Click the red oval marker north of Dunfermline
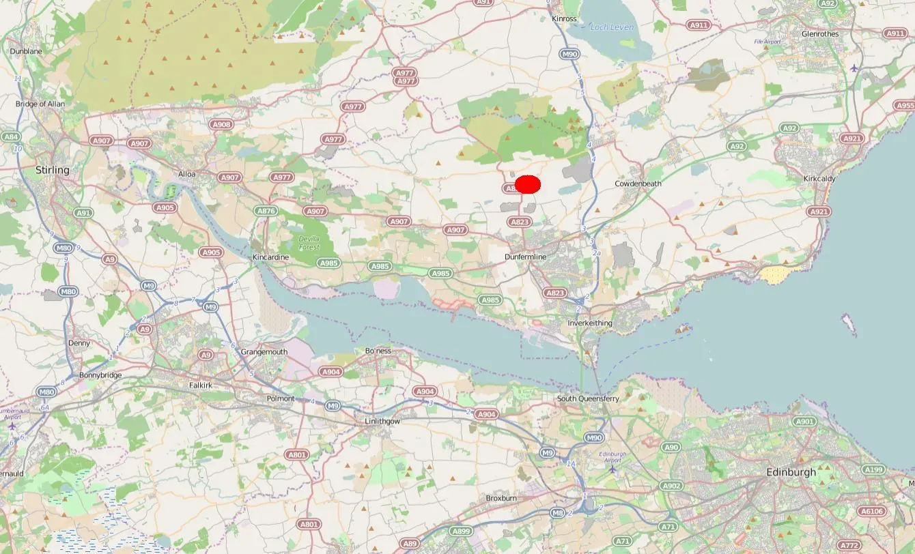(x=528, y=184)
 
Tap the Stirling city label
(x=53, y=170)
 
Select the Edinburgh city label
(x=791, y=472)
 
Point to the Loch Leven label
(x=613, y=27)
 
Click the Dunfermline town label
(x=526, y=257)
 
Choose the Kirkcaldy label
(x=821, y=179)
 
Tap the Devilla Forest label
(x=309, y=243)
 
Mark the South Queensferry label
(x=588, y=398)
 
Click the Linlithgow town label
(x=382, y=422)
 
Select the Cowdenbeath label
(x=638, y=184)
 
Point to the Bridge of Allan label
(x=40, y=104)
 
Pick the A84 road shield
(x=10, y=136)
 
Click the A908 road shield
(x=221, y=125)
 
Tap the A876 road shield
(x=266, y=212)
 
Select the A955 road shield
(x=905, y=106)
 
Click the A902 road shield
(x=671, y=486)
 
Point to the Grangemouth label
(x=264, y=352)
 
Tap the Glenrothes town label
(x=820, y=33)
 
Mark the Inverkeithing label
(x=590, y=323)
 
